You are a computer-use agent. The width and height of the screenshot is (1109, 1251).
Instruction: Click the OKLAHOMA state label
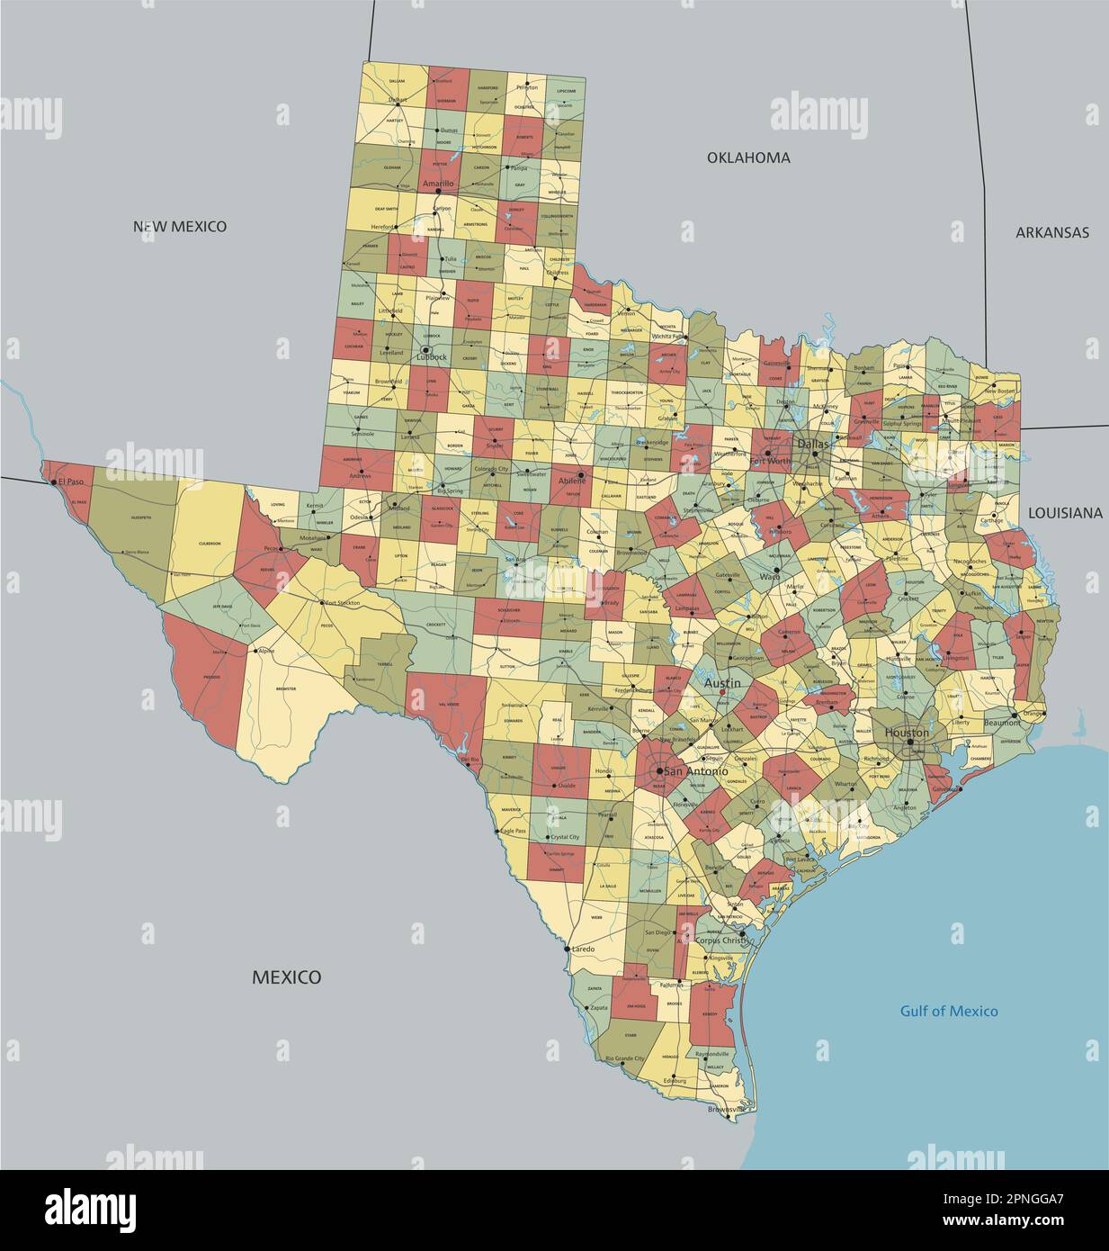click(748, 157)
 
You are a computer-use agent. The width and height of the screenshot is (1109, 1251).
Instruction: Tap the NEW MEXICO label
click(180, 226)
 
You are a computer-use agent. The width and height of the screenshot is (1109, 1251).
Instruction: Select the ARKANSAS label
click(1051, 232)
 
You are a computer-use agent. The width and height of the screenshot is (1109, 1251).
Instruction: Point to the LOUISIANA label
click(1065, 512)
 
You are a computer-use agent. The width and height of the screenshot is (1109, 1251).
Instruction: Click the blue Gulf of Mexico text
click(949, 1011)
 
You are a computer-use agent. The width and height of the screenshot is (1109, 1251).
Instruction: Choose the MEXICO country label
click(286, 976)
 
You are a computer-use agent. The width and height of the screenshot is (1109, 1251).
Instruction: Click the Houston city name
click(907, 733)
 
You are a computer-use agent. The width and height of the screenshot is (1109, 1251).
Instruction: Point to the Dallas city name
click(812, 444)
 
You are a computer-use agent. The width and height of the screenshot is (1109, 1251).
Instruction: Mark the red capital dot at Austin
click(721, 692)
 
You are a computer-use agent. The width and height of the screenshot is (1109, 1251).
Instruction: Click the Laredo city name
click(584, 949)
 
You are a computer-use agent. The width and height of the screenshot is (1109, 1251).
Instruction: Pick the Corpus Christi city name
click(721, 940)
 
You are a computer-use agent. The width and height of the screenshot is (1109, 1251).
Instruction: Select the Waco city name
click(769, 576)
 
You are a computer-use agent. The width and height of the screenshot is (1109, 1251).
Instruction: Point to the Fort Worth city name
click(771, 461)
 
